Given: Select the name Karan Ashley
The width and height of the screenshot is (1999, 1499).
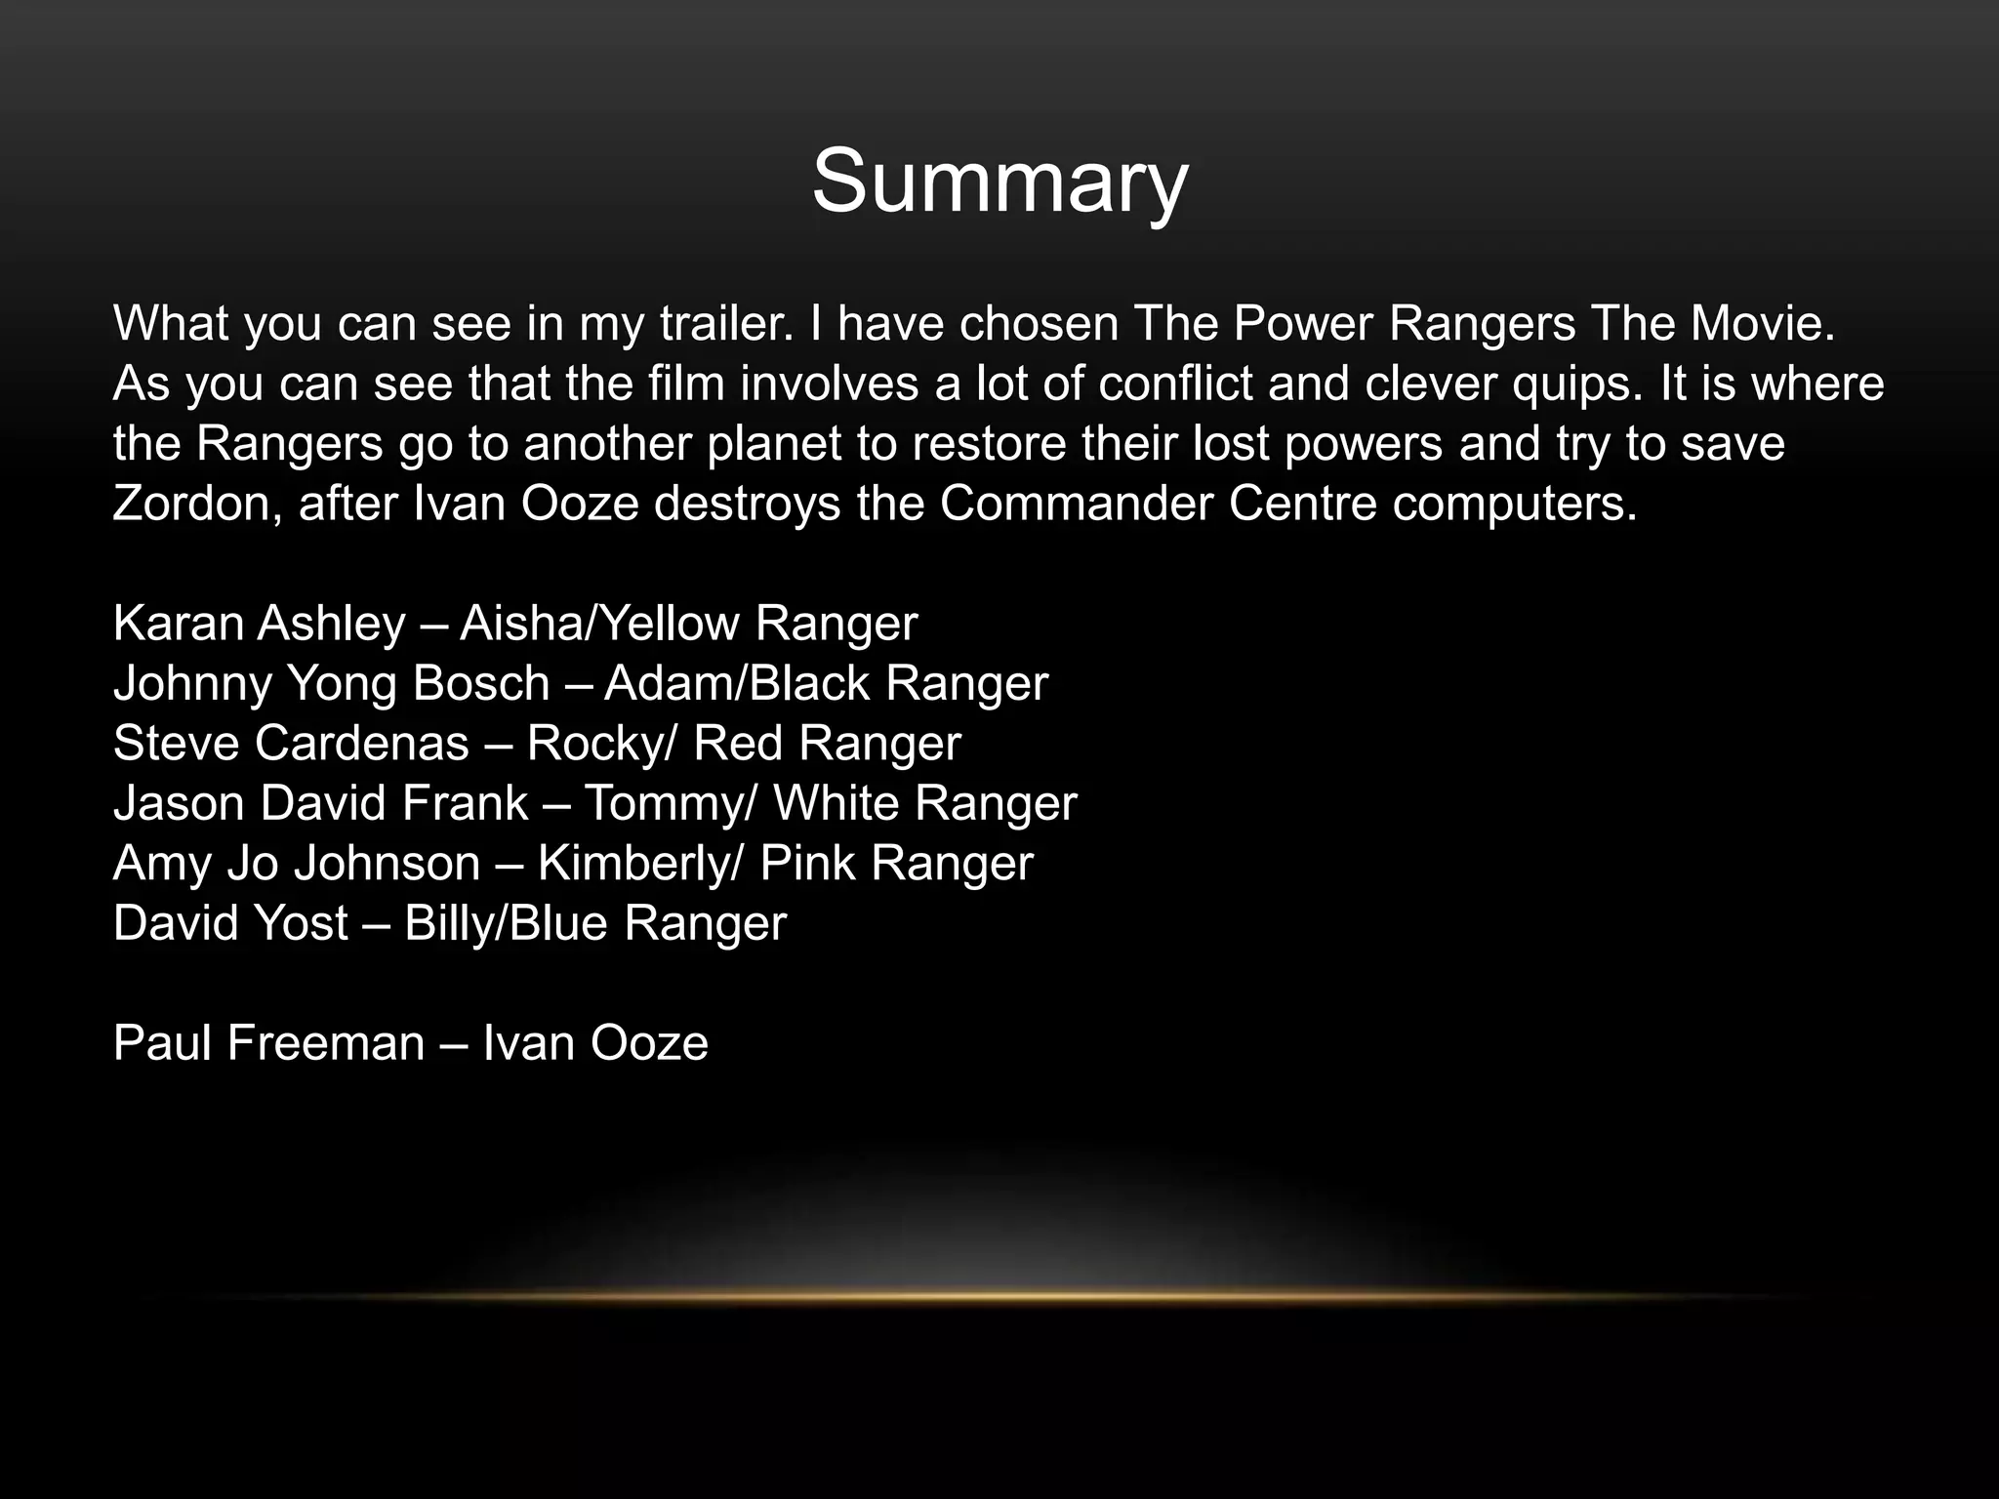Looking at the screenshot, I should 259,624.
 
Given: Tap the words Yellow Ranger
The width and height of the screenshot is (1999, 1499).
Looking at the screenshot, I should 755,624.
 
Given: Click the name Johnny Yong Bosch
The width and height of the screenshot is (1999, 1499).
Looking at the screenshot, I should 331,683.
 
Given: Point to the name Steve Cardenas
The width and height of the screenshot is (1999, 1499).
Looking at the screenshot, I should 291,744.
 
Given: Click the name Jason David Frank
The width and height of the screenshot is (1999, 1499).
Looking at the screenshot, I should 320,803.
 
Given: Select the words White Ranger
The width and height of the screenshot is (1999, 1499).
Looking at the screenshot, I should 924,803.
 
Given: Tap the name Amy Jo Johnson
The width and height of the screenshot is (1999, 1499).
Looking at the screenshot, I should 297,864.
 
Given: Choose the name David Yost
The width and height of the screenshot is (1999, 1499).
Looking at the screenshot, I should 230,923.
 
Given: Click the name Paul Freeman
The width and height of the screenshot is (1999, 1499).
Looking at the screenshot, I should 268,1043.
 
